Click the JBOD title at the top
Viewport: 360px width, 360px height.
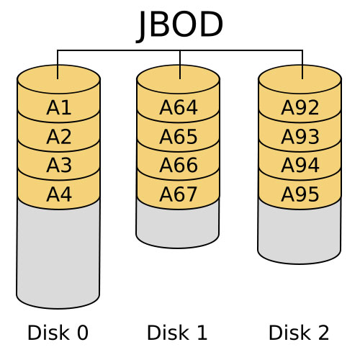pos(180,25)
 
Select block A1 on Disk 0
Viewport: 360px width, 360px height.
pos(58,108)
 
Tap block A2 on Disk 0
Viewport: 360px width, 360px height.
pos(58,137)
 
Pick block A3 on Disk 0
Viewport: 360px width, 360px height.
pos(58,166)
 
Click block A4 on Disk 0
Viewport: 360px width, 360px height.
pos(58,194)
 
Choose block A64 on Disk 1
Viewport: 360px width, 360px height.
pos(178,108)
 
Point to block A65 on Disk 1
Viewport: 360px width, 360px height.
pos(178,137)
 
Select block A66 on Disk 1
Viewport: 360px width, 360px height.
pos(178,166)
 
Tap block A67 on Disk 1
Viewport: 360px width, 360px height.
pos(178,194)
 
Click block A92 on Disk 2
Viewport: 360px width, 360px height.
pos(300,108)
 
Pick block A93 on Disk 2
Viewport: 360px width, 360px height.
pos(300,137)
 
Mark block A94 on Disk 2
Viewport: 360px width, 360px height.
pos(300,166)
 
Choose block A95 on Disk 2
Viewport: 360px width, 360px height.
pos(300,194)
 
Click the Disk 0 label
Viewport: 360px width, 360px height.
pos(58,333)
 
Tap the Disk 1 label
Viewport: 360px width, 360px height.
pos(177,333)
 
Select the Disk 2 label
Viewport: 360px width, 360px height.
pos(299,333)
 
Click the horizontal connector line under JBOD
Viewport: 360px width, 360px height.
pos(119,50)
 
